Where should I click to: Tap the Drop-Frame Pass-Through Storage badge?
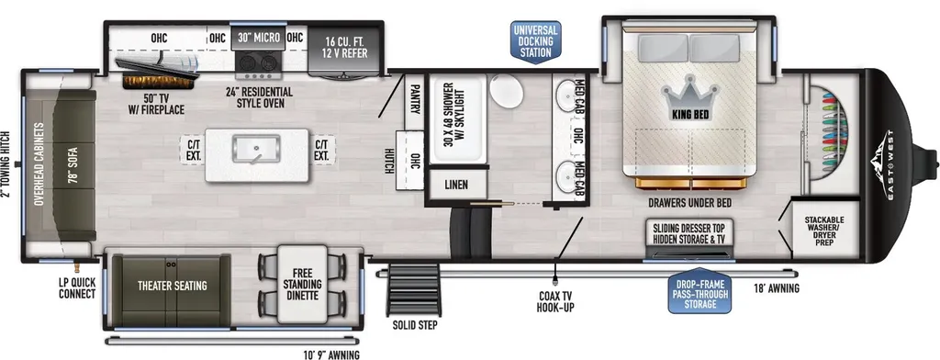[699, 290]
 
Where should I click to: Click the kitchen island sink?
[257, 149]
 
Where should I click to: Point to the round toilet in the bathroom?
[507, 92]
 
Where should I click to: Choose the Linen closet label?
[456, 185]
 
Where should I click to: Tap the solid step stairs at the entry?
[414, 289]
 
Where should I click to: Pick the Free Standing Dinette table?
[303, 284]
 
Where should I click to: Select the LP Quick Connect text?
[77, 287]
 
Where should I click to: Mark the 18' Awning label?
[777, 288]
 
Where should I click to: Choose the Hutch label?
[389, 161]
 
